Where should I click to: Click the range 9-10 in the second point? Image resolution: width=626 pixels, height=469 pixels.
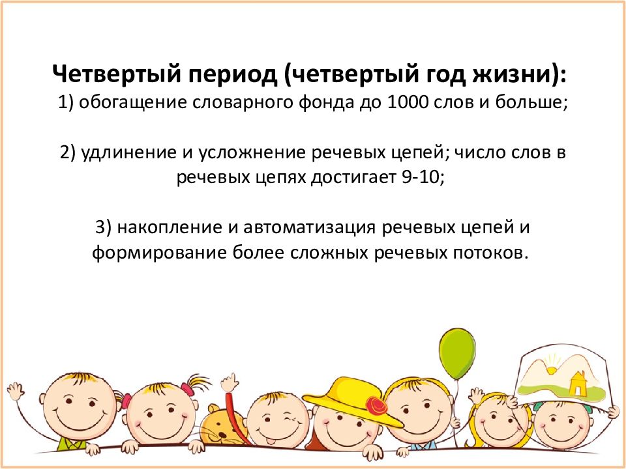click(423, 177)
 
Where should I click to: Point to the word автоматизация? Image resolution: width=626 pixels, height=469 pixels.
click(309, 227)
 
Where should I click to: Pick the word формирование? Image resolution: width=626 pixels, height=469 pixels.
click(159, 253)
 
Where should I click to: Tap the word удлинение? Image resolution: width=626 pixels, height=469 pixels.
click(129, 153)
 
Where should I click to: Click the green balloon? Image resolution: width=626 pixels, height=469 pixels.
click(457, 353)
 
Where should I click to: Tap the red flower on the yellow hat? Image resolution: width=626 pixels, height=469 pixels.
click(376, 406)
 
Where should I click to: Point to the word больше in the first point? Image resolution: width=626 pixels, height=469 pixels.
click(531, 102)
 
